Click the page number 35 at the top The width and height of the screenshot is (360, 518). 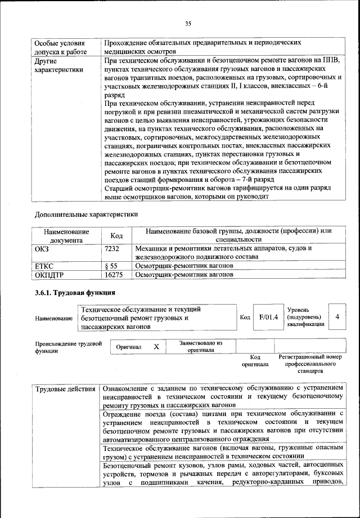pos(188,23)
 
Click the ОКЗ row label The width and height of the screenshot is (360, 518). pos(42,248)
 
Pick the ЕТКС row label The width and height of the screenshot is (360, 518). pos(44,265)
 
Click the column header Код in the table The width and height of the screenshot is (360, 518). pos(116,236)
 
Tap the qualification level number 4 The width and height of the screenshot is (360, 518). pos(337,318)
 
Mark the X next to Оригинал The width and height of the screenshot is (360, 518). pos(156,347)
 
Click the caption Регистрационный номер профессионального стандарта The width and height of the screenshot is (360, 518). pos(310,364)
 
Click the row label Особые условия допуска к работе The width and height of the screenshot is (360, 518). pos(61,47)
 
